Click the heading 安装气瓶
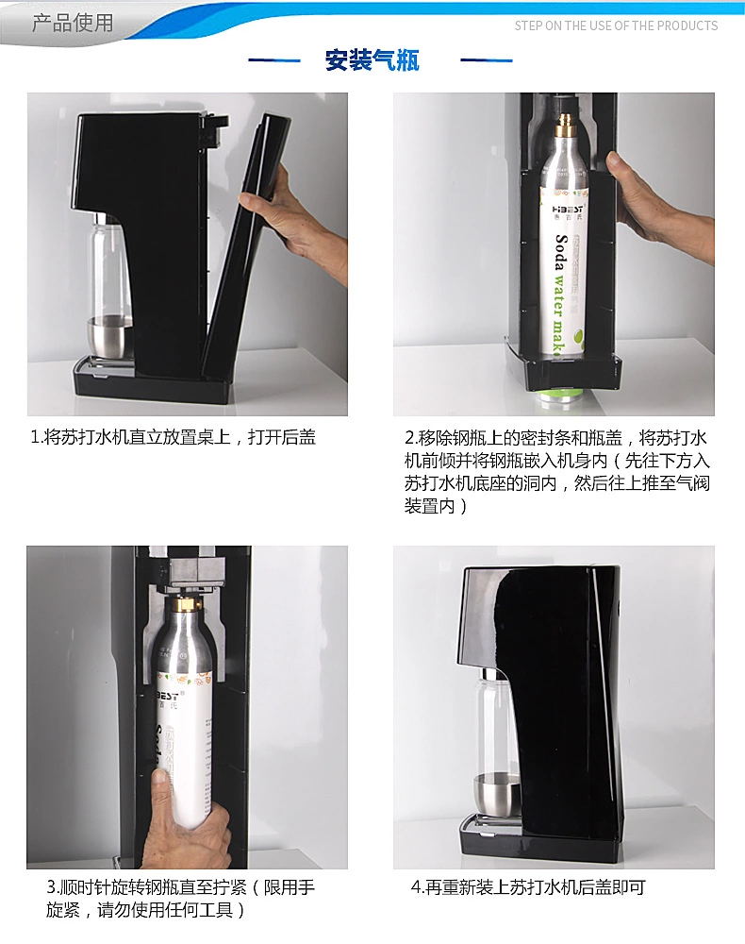(372, 60)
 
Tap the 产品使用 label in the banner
(73, 23)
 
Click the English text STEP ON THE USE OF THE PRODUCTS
(616, 25)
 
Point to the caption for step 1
(174, 437)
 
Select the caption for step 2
(557, 471)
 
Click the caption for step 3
(180, 899)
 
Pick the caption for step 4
(528, 886)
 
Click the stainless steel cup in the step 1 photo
(109, 337)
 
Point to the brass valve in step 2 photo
(566, 126)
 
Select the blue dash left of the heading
(274, 60)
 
